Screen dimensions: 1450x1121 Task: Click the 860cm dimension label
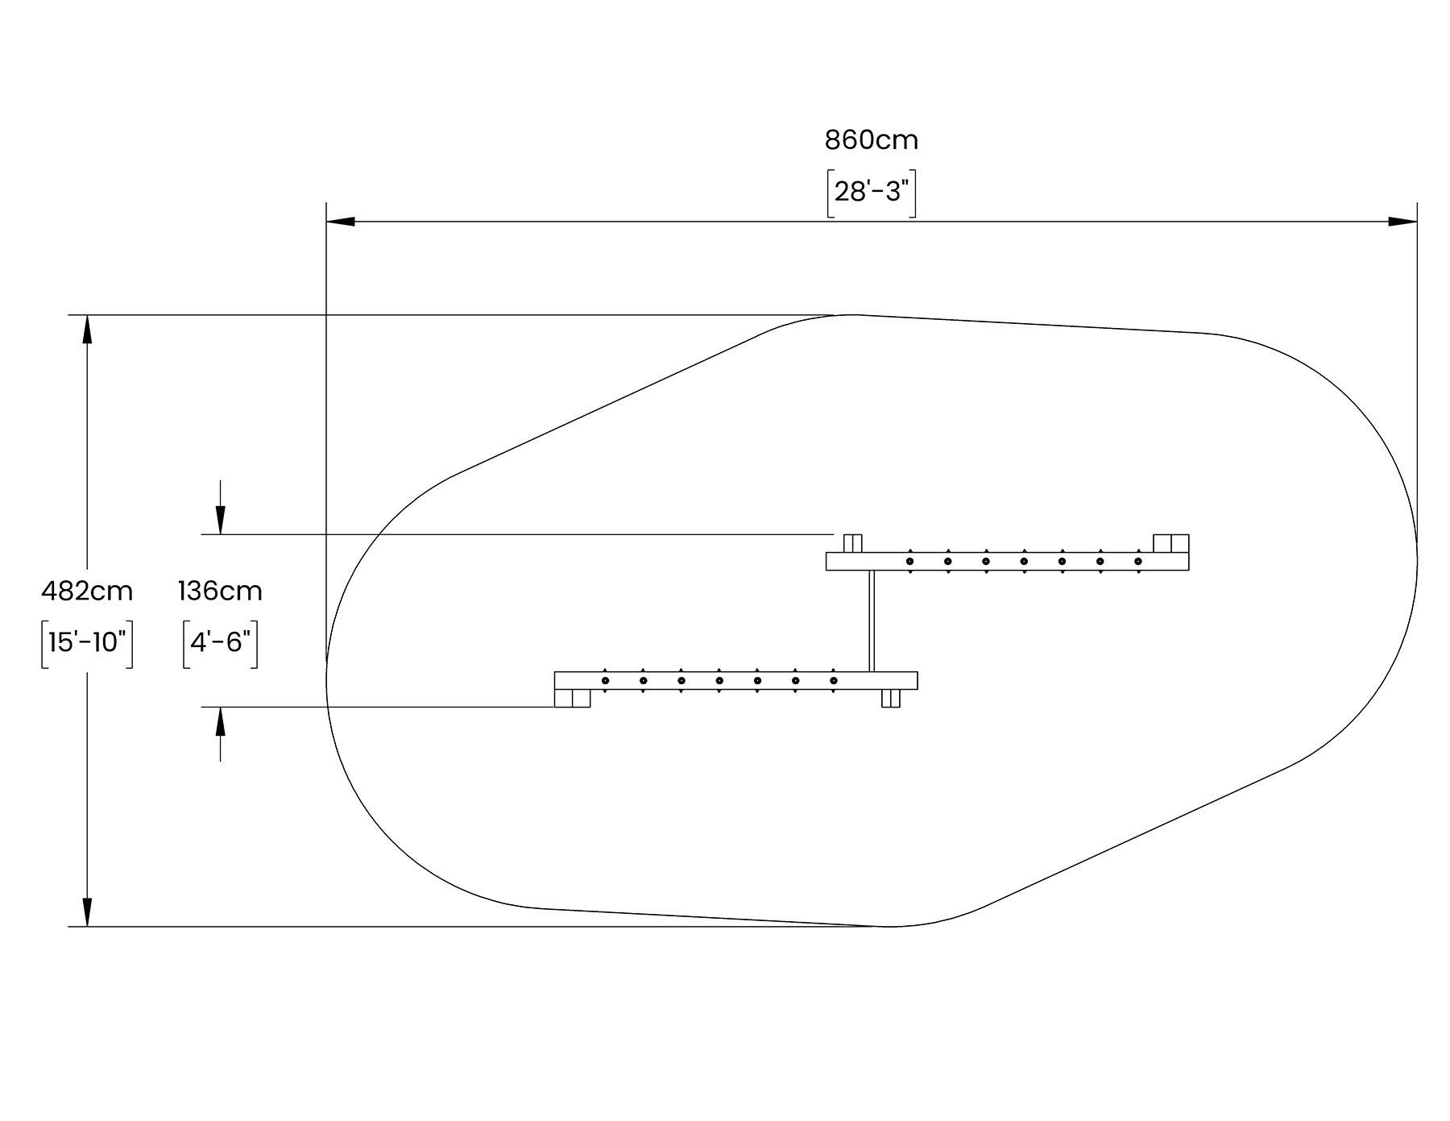[x=871, y=140]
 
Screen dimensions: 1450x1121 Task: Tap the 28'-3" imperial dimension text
[x=872, y=193]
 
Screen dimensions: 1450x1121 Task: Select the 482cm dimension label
[x=87, y=592]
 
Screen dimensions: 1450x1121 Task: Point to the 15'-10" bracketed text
[x=87, y=643]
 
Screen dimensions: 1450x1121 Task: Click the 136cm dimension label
[x=220, y=592]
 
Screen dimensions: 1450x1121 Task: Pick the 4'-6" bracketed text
[x=220, y=643]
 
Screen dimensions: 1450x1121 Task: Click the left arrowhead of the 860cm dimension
[x=340, y=222]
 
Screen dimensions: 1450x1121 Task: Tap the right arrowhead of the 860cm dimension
[x=1402, y=222]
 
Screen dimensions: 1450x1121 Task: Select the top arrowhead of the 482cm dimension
[x=87, y=329]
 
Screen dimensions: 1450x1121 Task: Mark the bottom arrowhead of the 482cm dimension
[x=87, y=912]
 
